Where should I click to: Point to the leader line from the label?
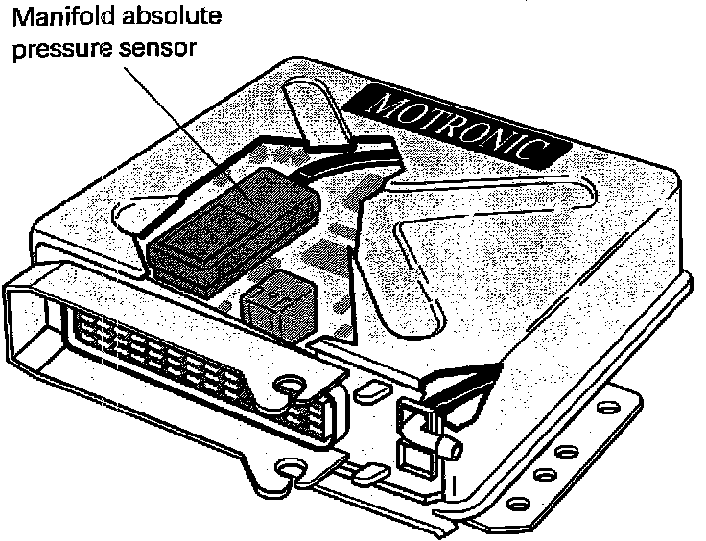click(182, 115)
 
